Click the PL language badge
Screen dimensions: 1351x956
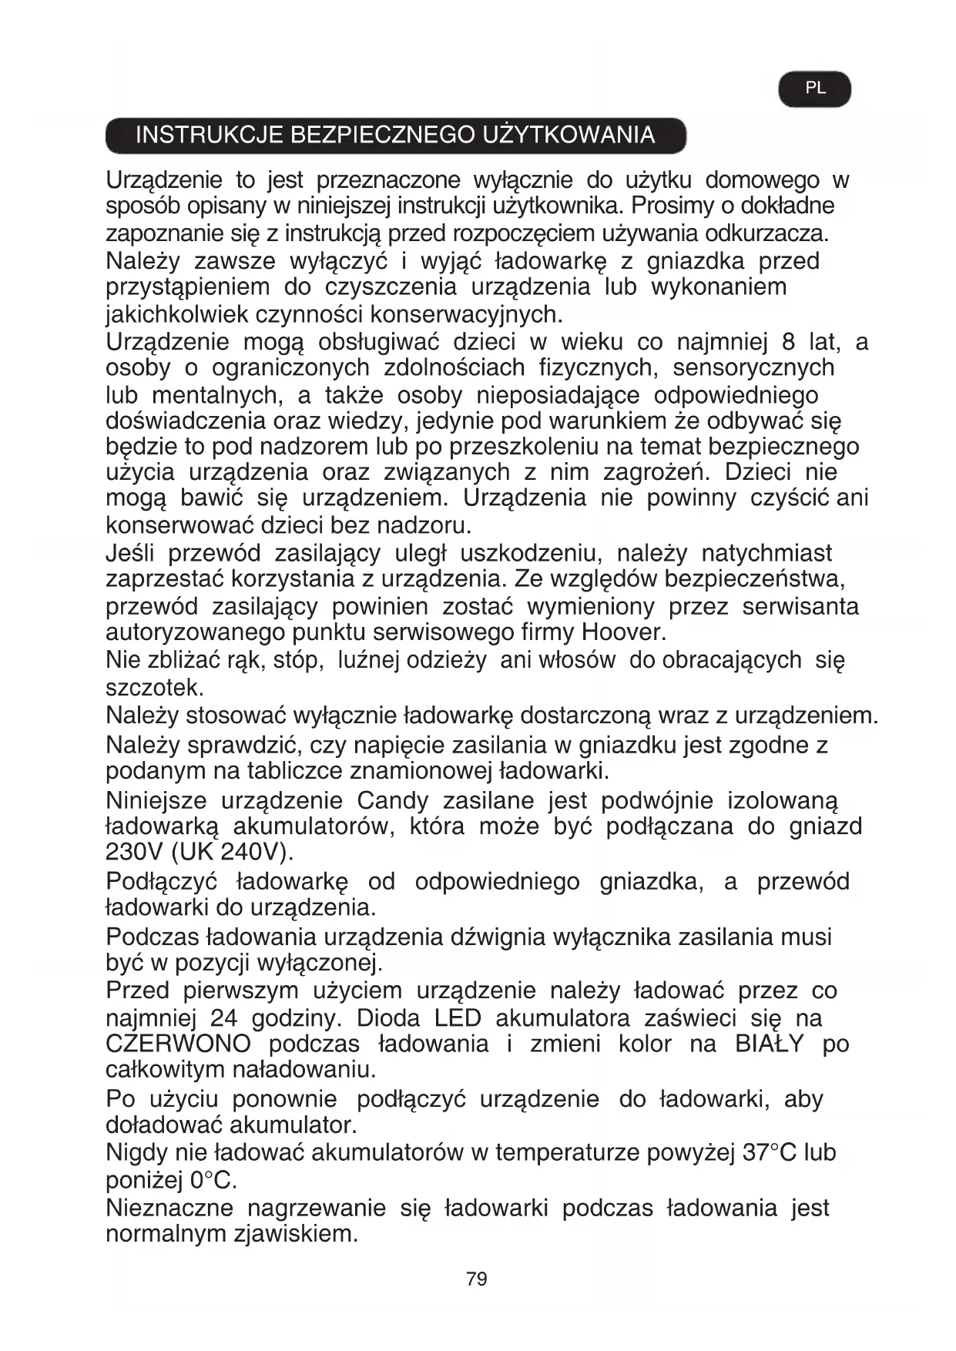pos(814,89)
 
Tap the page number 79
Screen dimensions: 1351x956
pos(477,1279)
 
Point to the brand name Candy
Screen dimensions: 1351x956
pos(392,800)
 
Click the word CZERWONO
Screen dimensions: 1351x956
pos(178,1044)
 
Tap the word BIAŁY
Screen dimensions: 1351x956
pos(769,1044)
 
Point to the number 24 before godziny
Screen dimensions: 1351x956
pos(223,1017)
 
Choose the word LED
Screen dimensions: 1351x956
pos(457,1017)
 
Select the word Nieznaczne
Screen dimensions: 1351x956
pos(169,1207)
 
